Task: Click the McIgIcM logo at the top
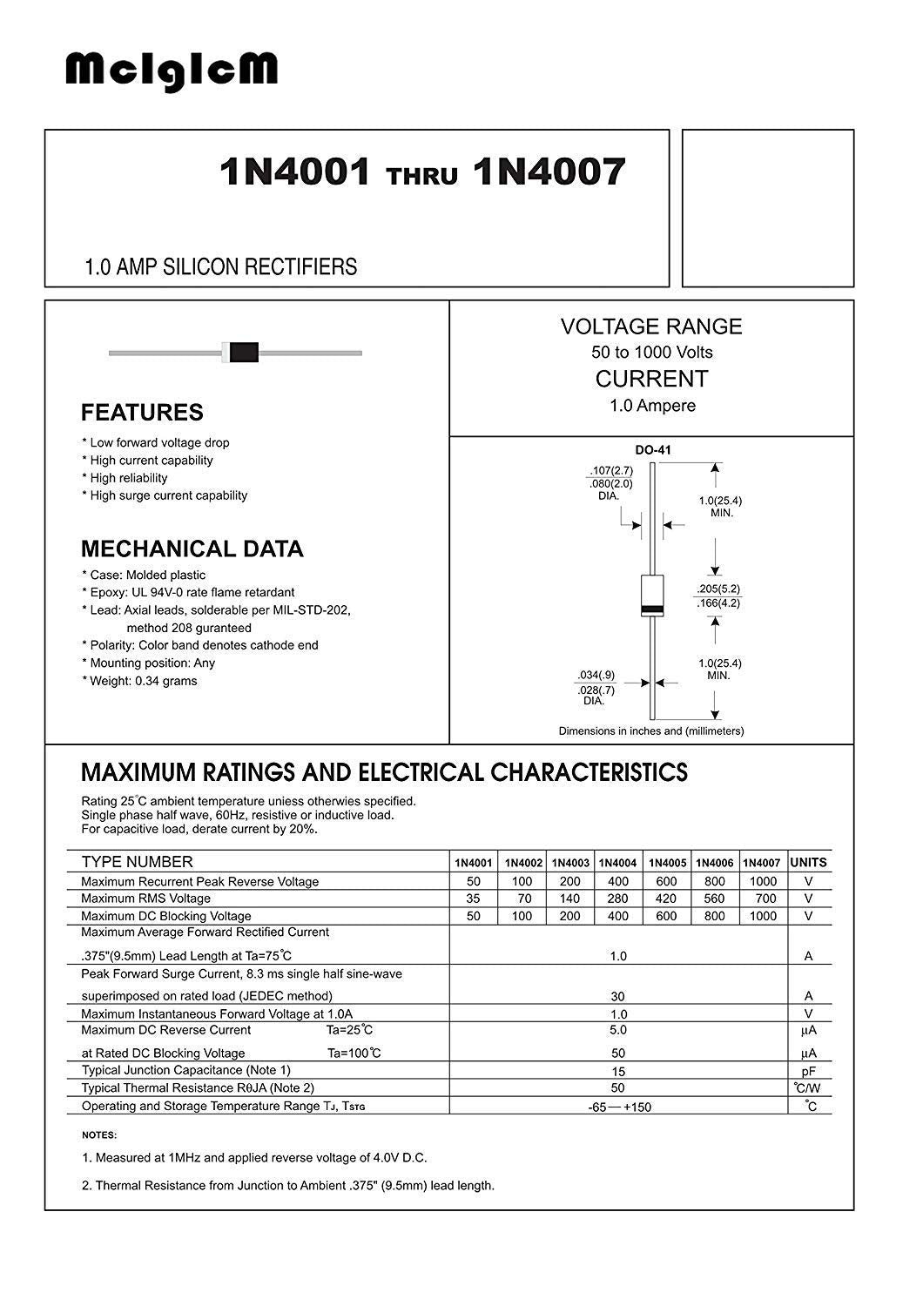tap(172, 71)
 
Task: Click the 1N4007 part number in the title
tap(549, 172)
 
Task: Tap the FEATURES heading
tap(142, 413)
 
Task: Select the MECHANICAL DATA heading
tap(192, 549)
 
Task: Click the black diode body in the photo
tap(245, 352)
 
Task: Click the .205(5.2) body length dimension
tap(718, 588)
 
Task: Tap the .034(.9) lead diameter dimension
tap(596, 675)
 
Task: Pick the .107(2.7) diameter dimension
tap(610, 471)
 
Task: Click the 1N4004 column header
tap(618, 863)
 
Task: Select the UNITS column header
tap(809, 863)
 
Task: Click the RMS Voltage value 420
tap(666, 899)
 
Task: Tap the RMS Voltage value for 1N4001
tap(474, 899)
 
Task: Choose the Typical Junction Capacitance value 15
tap(618, 1071)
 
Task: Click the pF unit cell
tap(809, 1071)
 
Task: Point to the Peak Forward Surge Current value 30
tap(618, 996)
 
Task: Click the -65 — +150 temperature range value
tap(619, 1107)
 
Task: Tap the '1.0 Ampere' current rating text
tap(652, 406)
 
